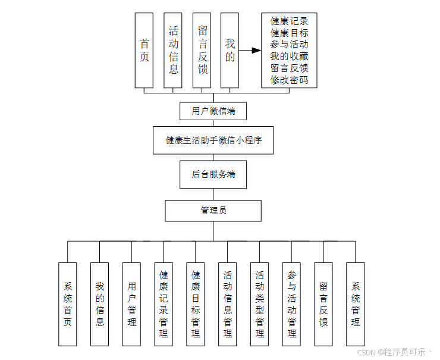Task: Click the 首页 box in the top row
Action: [x=144, y=51]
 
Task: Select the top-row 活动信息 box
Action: [x=173, y=51]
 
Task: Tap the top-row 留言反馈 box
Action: [x=202, y=51]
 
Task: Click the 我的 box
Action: [x=230, y=51]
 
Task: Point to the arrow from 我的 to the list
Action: [x=250, y=51]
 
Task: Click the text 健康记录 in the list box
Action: [x=290, y=21]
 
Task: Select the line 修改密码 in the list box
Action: [x=290, y=80]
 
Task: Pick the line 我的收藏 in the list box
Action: [x=290, y=56]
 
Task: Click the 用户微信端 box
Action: [x=213, y=111]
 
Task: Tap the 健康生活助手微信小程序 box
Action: [x=213, y=140]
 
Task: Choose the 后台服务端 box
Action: [x=213, y=174]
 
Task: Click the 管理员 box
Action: [x=213, y=211]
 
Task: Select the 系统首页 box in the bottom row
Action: [x=68, y=304]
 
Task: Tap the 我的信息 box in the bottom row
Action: [x=100, y=304]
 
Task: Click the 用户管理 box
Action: [x=132, y=304]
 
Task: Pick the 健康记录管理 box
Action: [x=164, y=304]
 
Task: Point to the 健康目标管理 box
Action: [x=196, y=304]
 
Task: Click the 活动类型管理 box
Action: [x=260, y=304]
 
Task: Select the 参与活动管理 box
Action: [x=292, y=304]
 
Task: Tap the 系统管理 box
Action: [x=356, y=304]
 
